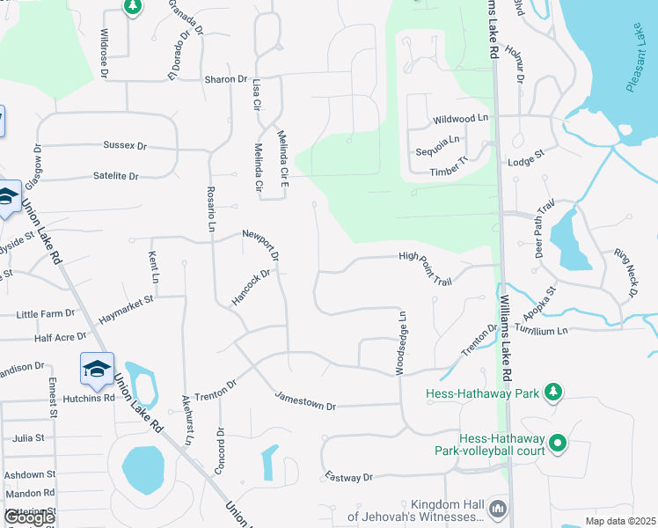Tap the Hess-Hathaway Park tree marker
[553, 392]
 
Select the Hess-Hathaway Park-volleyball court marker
[558, 444]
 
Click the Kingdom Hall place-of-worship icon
[498, 508]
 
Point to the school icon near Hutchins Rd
[97, 369]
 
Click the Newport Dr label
[260, 244]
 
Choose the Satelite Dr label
[116, 176]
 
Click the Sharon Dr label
[226, 79]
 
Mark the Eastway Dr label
[348, 477]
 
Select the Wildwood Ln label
[460, 118]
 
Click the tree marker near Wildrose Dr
[132, 8]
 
